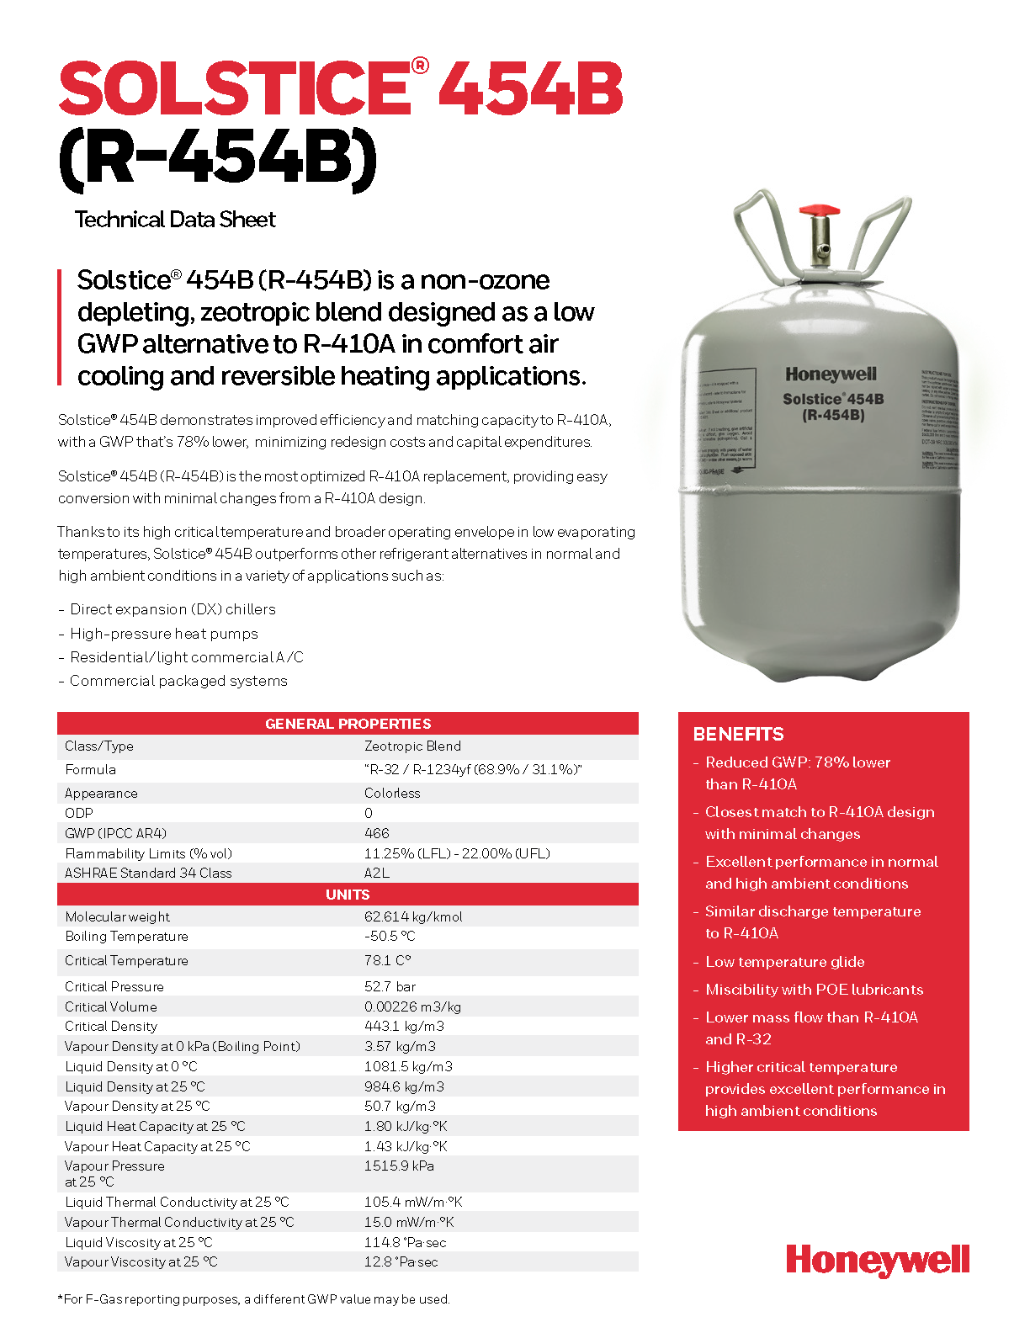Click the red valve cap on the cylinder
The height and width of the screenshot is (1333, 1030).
[819, 210]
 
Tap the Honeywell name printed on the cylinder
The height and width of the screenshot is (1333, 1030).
[831, 374]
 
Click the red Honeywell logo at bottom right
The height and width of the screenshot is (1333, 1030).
[878, 1261]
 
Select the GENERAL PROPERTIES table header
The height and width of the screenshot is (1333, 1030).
[348, 724]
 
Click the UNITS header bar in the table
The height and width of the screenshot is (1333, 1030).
[348, 895]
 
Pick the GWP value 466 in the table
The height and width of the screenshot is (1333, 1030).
[377, 833]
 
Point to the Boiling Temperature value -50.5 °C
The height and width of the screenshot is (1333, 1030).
[390, 936]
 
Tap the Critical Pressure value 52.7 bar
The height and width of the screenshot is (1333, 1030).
[390, 986]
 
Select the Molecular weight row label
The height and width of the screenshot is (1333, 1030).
[117, 917]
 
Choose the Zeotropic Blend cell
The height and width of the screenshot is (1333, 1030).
[412, 746]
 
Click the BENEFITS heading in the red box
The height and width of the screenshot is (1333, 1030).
[738, 735]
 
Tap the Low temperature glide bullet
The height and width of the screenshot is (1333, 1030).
[784, 962]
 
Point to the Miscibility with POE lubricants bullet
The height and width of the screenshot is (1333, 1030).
[814, 990]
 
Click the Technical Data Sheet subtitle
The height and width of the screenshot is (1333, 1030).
[175, 220]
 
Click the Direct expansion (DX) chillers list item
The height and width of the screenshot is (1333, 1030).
[173, 609]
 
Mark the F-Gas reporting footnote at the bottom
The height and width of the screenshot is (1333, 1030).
[254, 1299]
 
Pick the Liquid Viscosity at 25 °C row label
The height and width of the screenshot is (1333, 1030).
[139, 1243]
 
